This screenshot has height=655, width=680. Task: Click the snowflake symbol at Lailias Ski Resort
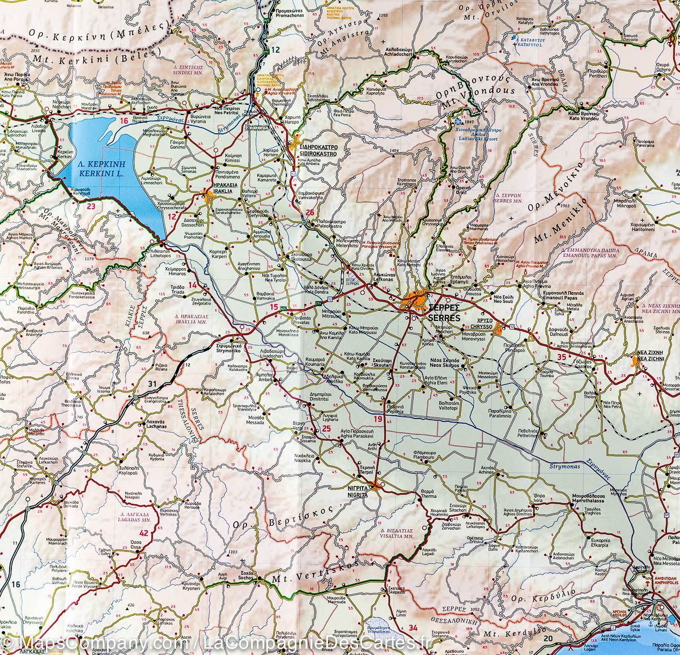tap(456, 121)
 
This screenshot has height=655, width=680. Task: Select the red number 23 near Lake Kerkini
tap(91, 206)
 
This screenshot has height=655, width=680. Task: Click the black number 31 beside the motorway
tap(152, 384)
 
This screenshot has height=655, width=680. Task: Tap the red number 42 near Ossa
tap(143, 533)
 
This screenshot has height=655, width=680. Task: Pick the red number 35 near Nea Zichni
tap(562, 357)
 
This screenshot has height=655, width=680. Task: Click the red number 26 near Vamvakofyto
tap(309, 212)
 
